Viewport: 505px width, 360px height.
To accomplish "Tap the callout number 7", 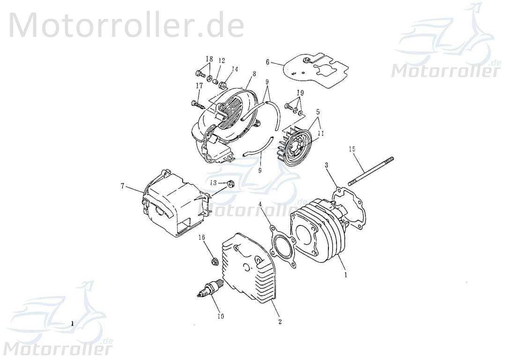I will tap(122, 186).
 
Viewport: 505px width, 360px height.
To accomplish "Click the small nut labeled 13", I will tap(230, 183).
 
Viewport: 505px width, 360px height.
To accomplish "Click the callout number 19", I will tap(300, 93).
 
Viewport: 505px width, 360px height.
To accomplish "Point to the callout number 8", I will tap(254, 74).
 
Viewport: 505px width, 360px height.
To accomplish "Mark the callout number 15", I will tap(352, 149).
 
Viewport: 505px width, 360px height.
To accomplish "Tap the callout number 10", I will tap(220, 316).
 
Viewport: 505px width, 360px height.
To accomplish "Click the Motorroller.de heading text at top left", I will tap(126, 25).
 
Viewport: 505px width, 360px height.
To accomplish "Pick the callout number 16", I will tap(202, 238).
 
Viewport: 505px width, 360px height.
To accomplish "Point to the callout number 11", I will tap(320, 134).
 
